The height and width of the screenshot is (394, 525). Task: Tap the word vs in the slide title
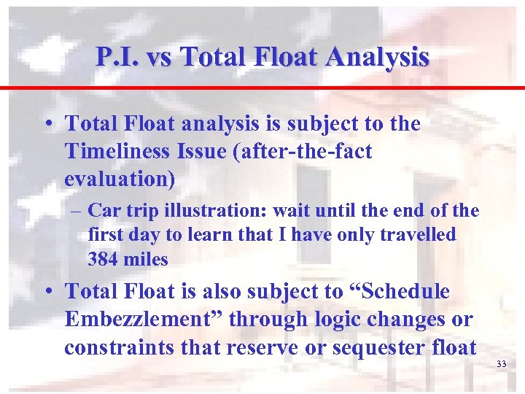click(x=157, y=57)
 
